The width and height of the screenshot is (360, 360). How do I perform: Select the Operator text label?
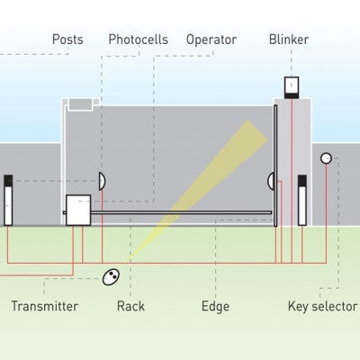pos(211,40)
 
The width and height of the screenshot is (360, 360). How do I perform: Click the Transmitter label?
pos(44,306)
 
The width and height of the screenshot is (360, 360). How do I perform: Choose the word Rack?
pos(130,306)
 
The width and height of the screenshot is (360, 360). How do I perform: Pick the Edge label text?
pos(215,306)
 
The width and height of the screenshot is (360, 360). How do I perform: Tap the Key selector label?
pos(322,306)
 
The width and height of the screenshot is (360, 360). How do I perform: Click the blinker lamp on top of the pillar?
pos(292,86)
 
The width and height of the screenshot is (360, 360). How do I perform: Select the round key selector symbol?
pos(326,158)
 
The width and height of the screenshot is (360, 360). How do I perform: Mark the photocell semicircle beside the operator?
pos(102,181)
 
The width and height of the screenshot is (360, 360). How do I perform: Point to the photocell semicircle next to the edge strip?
pos(271,181)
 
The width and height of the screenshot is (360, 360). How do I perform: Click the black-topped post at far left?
pos(8,199)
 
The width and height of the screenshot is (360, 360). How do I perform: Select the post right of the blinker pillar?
pos(302,199)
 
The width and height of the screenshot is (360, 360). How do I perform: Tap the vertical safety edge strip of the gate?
pos(275,166)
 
